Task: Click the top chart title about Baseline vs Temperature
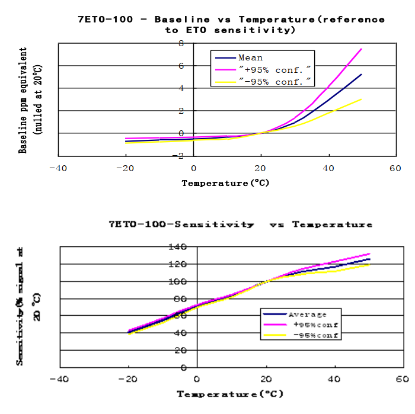[231, 24]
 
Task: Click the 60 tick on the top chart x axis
[395, 168]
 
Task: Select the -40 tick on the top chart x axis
[58, 168]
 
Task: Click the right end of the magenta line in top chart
[361, 49]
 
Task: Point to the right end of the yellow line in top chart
[361, 100]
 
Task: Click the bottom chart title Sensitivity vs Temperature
[241, 224]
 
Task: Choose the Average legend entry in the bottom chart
[307, 314]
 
